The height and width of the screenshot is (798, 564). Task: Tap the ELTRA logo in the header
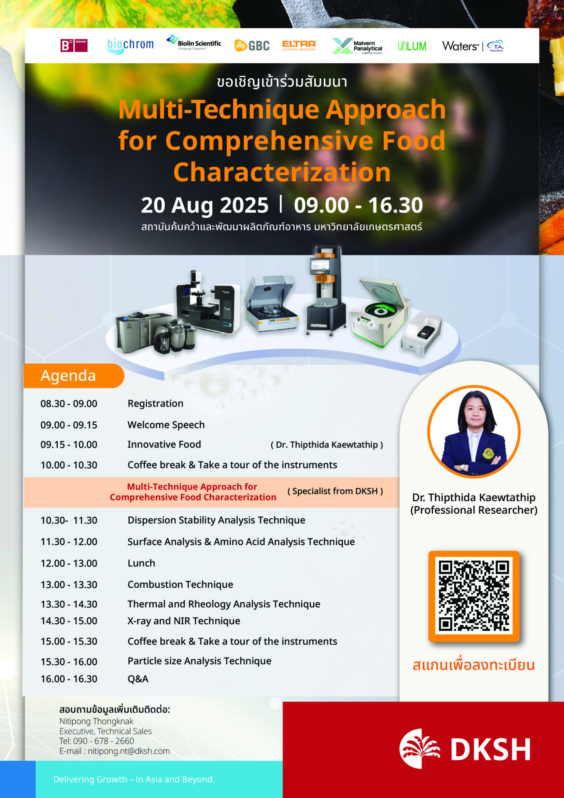click(x=299, y=45)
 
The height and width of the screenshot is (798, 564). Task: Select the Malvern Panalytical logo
click(x=357, y=46)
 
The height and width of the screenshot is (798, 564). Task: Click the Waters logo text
click(x=460, y=46)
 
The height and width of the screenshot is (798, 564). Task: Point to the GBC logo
click(x=252, y=46)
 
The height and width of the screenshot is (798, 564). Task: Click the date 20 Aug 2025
click(x=205, y=205)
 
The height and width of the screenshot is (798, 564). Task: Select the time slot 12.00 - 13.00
click(x=69, y=563)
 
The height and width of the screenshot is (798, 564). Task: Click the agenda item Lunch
click(x=141, y=563)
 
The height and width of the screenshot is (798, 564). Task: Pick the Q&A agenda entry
click(x=138, y=679)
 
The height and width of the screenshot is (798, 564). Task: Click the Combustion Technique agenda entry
click(x=180, y=585)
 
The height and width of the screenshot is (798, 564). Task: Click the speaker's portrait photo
click(x=474, y=432)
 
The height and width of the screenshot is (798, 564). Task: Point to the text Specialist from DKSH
click(x=335, y=491)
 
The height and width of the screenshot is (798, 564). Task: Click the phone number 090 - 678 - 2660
click(x=103, y=741)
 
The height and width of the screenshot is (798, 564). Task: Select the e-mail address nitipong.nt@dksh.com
click(x=129, y=751)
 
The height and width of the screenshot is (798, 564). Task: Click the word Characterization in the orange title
click(x=282, y=172)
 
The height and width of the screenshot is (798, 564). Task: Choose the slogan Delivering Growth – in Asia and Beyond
click(x=134, y=779)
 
